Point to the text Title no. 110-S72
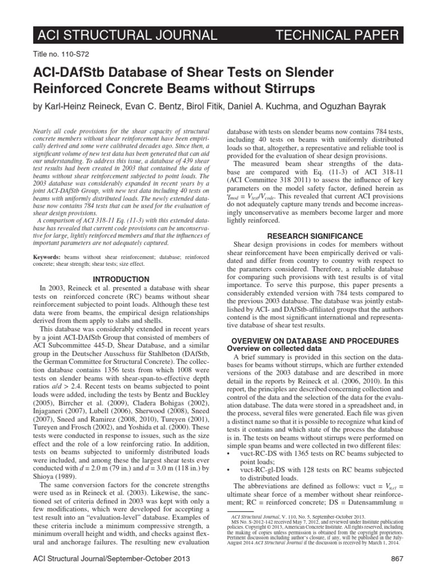pos(56,58)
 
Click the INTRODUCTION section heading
pos(121,279)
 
